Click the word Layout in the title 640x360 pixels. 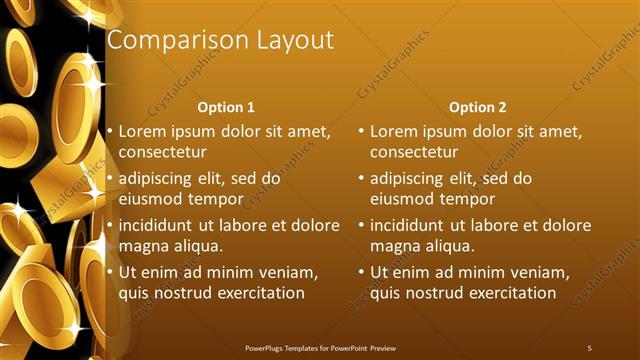[293, 41]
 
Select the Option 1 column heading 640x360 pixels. [226, 107]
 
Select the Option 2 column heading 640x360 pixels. [478, 107]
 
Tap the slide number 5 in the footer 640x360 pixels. [589, 347]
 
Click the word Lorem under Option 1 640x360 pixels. [142, 131]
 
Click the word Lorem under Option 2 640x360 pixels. [393, 131]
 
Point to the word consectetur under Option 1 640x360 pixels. [163, 153]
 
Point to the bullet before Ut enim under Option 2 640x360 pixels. [361, 272]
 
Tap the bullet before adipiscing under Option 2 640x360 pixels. [361, 179]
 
